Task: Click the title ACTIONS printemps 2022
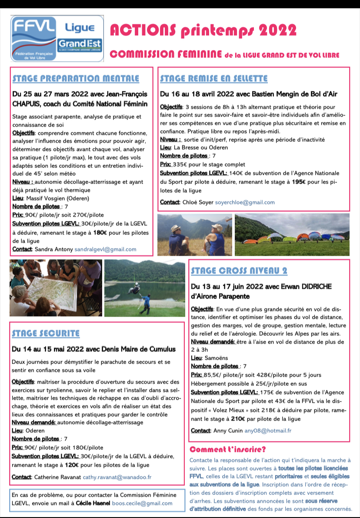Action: point(203,30)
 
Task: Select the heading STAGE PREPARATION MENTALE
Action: point(76,79)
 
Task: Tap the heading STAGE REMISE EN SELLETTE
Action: point(213,79)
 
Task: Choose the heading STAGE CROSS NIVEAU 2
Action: point(239,271)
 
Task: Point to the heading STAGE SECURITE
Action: point(46,334)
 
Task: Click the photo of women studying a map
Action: point(56,288)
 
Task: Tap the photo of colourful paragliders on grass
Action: point(292,234)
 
